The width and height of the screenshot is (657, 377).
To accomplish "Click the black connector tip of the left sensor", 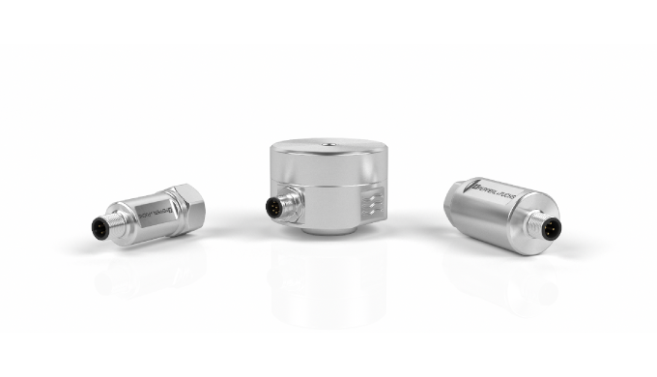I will coord(99,227).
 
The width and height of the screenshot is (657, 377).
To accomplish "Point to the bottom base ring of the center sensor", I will coord(333,228).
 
